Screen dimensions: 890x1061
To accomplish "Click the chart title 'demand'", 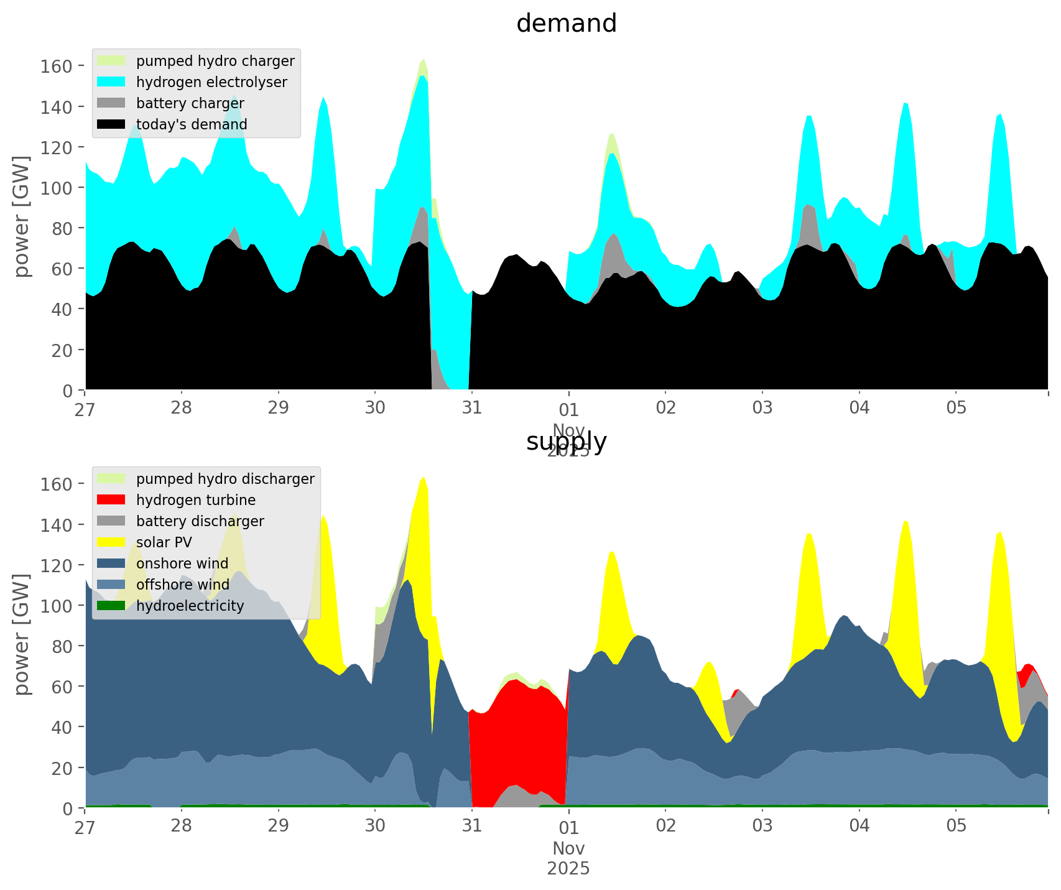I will tap(566, 24).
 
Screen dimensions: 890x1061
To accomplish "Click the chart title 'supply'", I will tap(566, 442).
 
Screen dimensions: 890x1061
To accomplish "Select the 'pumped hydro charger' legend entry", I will tap(215, 61).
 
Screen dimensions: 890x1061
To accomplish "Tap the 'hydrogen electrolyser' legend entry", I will tap(211, 82).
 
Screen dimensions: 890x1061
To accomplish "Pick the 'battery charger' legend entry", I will tap(190, 103).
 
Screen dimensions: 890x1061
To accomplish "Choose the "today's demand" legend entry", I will tap(191, 124).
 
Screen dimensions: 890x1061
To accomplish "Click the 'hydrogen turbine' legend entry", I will tap(195, 500).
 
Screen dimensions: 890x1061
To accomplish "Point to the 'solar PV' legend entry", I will tap(164, 542).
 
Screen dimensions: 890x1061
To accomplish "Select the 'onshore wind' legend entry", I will tap(182, 563).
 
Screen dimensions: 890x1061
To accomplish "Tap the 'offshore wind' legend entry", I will tap(182, 585).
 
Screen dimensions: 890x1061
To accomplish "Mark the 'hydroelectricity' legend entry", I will tap(190, 606).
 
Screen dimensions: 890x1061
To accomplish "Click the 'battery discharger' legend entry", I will tap(200, 521).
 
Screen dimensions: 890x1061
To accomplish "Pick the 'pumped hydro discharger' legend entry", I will tap(225, 479).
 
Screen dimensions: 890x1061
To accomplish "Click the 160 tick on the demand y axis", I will tap(56, 66).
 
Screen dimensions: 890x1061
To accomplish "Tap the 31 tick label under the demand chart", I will tap(472, 409).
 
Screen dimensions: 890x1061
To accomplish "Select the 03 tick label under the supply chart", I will tap(762, 827).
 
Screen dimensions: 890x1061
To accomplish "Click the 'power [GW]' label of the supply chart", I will tap(22, 634).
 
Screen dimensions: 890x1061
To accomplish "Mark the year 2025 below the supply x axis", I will tap(568, 868).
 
